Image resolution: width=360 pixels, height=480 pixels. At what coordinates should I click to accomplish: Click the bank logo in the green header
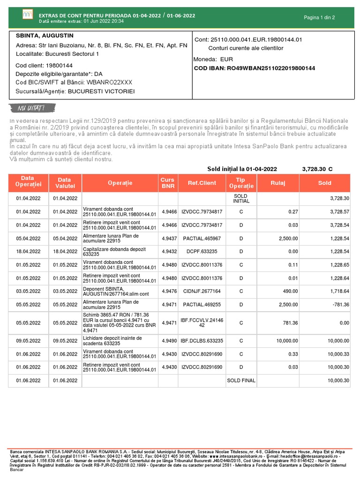coord(28,15)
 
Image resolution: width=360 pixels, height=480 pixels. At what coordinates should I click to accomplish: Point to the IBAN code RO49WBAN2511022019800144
coord(254,68)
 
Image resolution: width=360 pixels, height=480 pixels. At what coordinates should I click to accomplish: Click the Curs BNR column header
coord(167,183)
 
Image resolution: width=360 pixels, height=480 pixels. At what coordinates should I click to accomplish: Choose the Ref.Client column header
coord(202,183)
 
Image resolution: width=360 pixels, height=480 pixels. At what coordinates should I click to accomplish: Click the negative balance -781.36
coord(340,304)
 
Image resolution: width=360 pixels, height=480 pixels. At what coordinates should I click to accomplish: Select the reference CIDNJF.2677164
coord(202,291)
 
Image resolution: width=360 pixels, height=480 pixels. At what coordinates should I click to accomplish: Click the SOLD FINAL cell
coord(241,380)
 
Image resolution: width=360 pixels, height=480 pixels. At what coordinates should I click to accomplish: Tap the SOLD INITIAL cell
coord(241,198)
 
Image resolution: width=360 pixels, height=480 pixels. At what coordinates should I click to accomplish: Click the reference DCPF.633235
coord(202,252)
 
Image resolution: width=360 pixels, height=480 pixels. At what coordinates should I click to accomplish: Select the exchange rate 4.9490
coord(169,341)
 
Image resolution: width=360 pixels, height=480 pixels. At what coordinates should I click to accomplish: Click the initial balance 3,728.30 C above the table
coord(317,169)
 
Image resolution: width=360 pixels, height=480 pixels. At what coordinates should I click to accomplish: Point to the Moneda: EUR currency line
coord(213,60)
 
